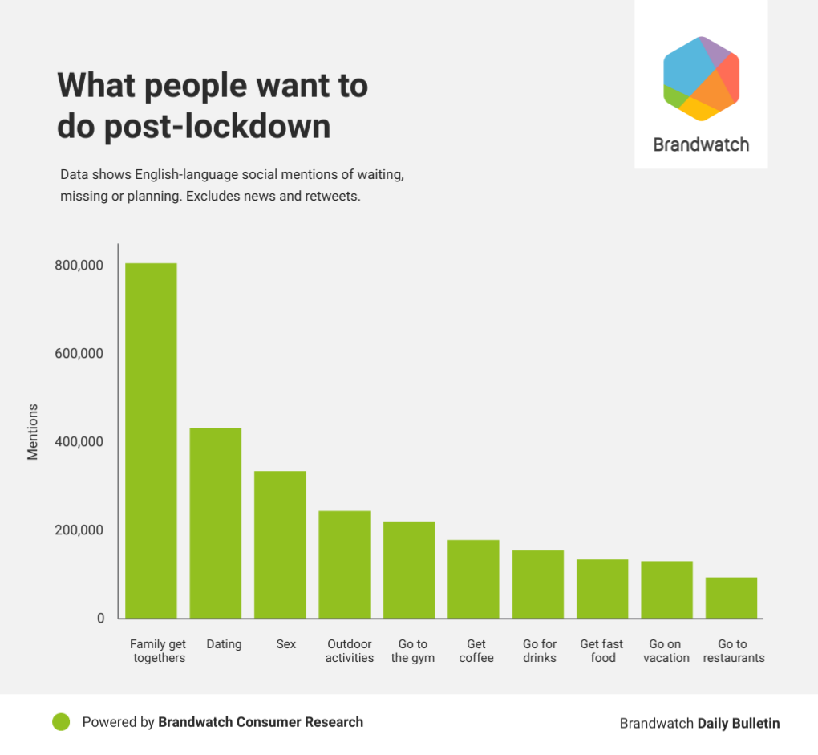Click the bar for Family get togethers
coord(151,440)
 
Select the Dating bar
coord(215,522)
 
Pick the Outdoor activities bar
coord(344,564)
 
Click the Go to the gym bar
coord(409,570)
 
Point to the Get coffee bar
coord(473,578)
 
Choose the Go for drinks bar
coord(538,584)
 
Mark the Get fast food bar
coord(602,588)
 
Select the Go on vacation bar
coord(666,590)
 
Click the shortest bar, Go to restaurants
coord(731,598)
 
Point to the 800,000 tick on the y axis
coord(79,266)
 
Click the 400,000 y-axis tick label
coord(79,442)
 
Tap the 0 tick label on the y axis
coord(101,619)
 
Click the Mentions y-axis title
coord(33,432)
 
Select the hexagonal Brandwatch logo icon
coord(701,79)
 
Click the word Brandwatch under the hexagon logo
coord(701,145)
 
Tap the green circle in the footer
coord(61,722)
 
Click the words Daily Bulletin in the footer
coord(738,723)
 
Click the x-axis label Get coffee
coord(476,651)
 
